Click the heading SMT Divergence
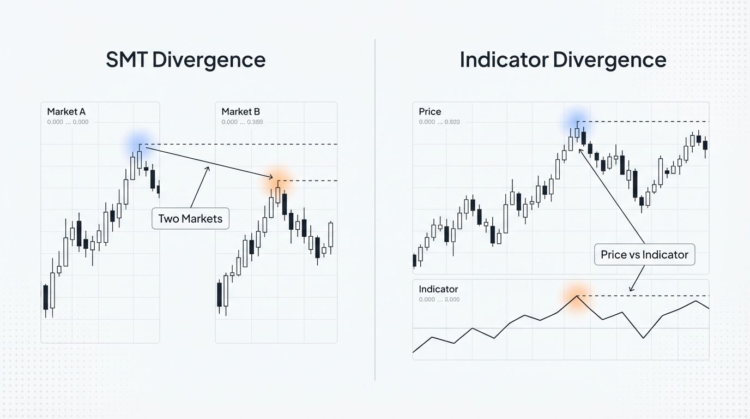point(185,59)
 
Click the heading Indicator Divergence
point(562,59)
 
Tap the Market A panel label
point(66,112)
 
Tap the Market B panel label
point(240,112)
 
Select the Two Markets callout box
point(190,219)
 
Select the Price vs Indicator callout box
point(644,254)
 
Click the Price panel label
point(430,112)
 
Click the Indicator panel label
point(438,289)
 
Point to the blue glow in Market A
point(138,143)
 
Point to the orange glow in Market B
point(277,182)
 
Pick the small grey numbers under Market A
point(68,122)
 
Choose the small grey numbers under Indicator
point(439,300)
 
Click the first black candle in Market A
point(46,297)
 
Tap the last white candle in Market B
point(330,235)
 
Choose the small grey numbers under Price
point(439,122)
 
